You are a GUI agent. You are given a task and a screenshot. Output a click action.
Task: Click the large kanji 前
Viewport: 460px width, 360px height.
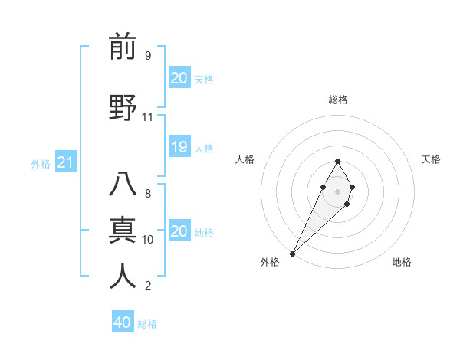[123, 47]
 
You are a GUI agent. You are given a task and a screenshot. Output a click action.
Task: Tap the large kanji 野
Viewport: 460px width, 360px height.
[123, 107]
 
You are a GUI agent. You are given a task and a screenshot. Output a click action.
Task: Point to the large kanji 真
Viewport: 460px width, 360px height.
[123, 229]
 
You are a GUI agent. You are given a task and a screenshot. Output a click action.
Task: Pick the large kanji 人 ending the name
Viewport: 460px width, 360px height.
[123, 275]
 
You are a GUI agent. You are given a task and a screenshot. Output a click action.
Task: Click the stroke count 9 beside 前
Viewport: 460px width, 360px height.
[147, 55]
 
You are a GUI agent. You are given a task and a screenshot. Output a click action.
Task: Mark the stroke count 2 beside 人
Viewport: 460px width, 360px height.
[147, 285]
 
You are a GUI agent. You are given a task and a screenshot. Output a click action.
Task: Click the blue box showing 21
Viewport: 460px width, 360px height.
[65, 162]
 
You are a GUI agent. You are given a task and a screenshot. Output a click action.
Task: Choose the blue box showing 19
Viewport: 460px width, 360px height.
[179, 147]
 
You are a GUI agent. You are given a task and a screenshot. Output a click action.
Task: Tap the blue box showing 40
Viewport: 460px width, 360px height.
[122, 322]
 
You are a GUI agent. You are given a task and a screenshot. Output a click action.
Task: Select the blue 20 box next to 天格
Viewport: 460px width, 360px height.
[179, 78]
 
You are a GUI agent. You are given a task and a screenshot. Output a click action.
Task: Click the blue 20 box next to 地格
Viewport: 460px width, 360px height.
[179, 231]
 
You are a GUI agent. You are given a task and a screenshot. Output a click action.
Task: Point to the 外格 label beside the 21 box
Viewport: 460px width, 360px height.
[41, 163]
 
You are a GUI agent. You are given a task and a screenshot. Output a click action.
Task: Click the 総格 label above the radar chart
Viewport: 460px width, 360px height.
[337, 100]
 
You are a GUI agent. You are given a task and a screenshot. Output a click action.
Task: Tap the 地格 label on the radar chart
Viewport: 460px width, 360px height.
[402, 262]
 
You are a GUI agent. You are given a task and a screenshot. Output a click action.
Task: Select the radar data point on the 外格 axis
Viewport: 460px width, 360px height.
[292, 252]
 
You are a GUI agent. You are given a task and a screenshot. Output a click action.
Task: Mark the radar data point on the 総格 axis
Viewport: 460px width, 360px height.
[337, 161]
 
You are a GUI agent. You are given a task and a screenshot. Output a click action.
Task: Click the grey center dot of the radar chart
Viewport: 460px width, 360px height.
[337, 190]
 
